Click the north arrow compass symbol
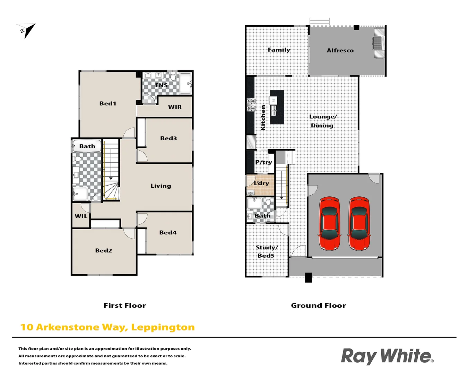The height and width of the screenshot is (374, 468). (x=26, y=30)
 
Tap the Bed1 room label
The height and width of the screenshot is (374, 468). (x=107, y=103)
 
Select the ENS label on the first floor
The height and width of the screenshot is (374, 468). (x=161, y=85)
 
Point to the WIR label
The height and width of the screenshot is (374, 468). (x=175, y=107)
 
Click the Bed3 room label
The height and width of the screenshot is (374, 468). (x=168, y=138)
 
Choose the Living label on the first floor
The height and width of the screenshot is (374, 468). (x=161, y=186)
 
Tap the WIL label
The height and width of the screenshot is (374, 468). (x=81, y=216)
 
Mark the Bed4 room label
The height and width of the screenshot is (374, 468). (x=168, y=232)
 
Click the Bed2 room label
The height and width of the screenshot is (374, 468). (x=103, y=250)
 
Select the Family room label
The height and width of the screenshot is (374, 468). (x=279, y=50)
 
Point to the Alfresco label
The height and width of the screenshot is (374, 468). (x=340, y=51)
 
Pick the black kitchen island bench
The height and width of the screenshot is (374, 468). (x=277, y=107)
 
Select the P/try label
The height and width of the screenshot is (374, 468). (x=263, y=162)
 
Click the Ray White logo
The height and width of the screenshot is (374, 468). (x=387, y=356)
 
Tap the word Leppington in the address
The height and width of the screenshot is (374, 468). (x=163, y=327)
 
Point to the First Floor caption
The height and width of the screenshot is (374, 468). (x=124, y=305)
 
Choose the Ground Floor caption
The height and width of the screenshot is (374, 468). (x=318, y=305)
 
